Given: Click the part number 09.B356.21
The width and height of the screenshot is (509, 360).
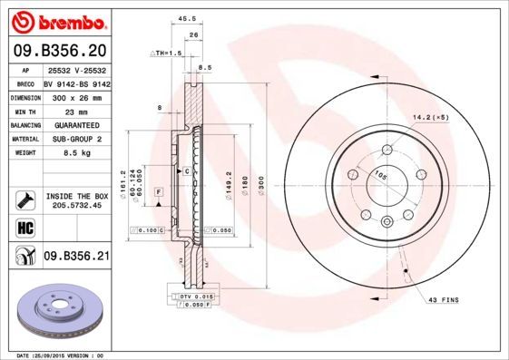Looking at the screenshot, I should click(x=76, y=257).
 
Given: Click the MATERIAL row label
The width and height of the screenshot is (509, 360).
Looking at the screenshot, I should click(x=24, y=139).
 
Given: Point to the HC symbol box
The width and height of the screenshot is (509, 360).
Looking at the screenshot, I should click(x=25, y=227).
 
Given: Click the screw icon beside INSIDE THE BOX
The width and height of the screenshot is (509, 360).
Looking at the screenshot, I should click(x=25, y=199).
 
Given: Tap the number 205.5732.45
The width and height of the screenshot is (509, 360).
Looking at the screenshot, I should click(x=76, y=205).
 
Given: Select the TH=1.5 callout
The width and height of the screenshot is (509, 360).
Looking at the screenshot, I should click(x=166, y=54).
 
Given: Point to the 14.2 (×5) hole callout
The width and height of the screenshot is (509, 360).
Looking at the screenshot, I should click(x=431, y=116).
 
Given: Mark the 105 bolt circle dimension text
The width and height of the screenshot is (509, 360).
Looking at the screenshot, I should click(x=369, y=176).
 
